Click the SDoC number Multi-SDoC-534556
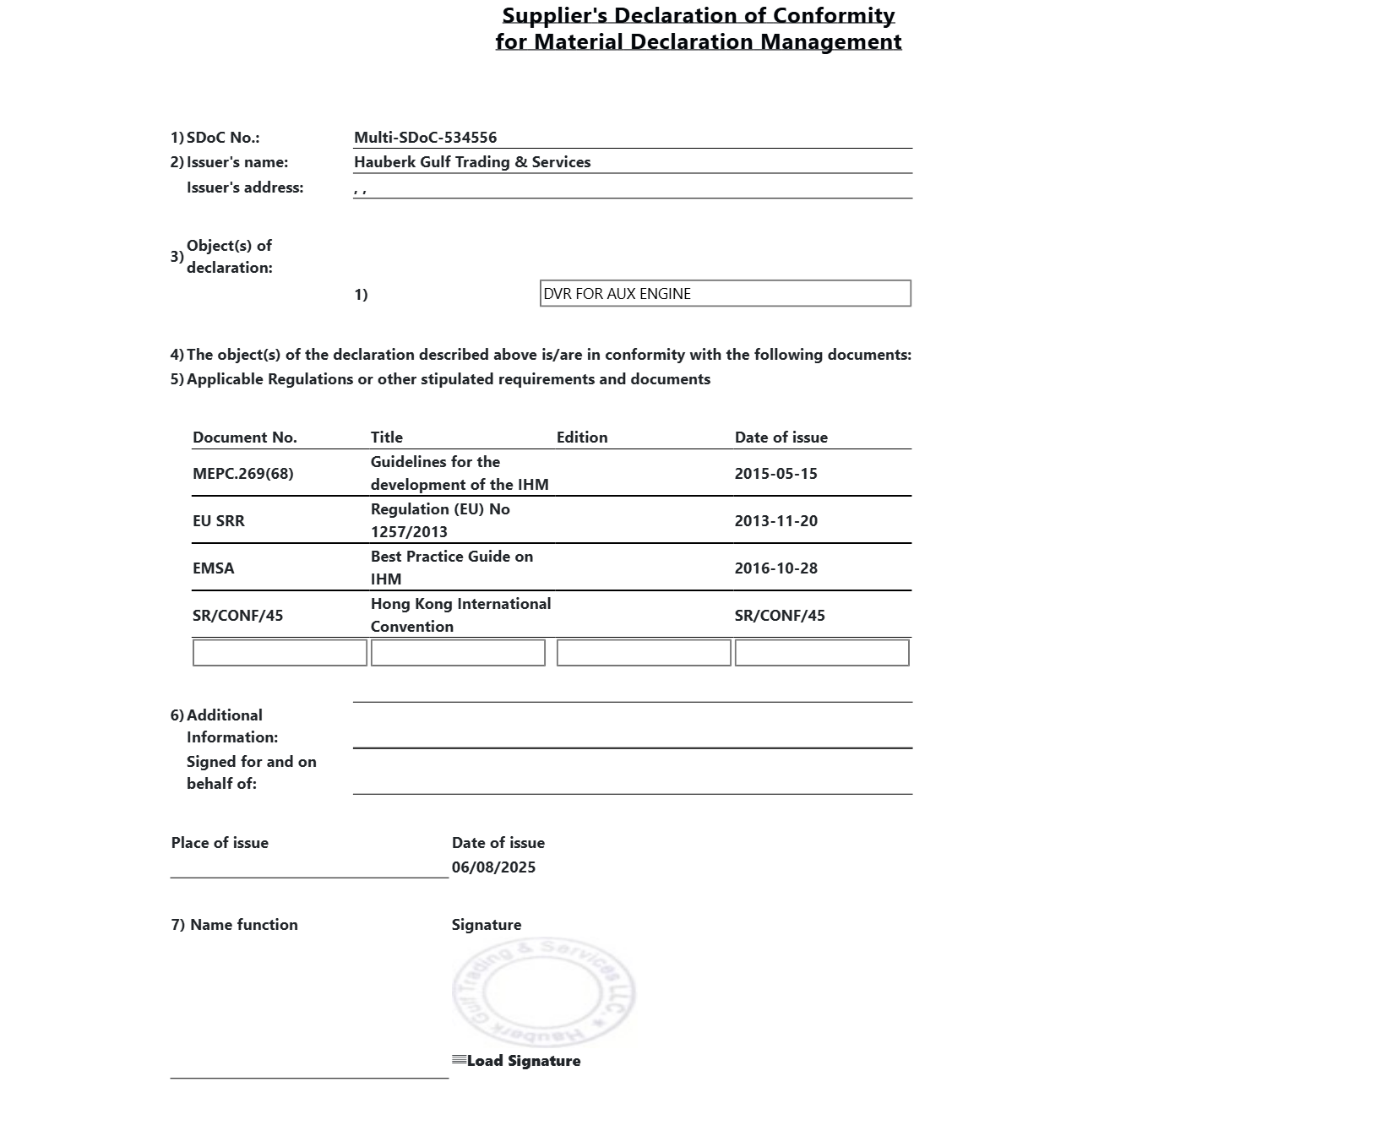click(x=425, y=138)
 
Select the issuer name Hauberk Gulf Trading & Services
click(x=471, y=162)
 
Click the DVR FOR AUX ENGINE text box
click(x=725, y=294)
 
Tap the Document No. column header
click(x=244, y=438)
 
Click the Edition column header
click(x=581, y=438)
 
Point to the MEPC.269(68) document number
click(x=242, y=474)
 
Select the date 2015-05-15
click(x=775, y=474)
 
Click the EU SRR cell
click(x=218, y=521)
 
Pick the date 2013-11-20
click(x=775, y=521)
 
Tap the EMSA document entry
click(x=213, y=568)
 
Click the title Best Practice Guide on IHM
click(x=451, y=568)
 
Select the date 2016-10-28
click(x=775, y=568)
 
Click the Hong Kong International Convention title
click(x=460, y=615)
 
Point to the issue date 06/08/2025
click(x=493, y=867)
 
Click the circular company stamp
click(x=543, y=992)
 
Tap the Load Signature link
click(x=522, y=1061)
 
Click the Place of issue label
click(x=220, y=843)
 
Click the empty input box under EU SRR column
click(x=280, y=653)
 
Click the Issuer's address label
click(x=244, y=188)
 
